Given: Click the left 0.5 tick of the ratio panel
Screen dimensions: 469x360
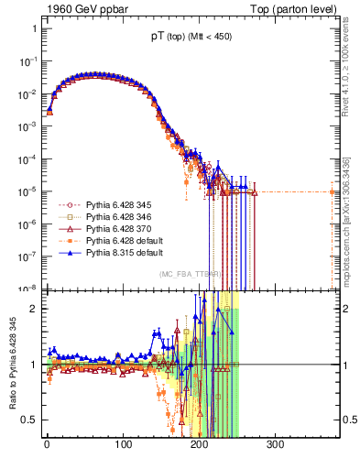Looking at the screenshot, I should click(28, 420).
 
